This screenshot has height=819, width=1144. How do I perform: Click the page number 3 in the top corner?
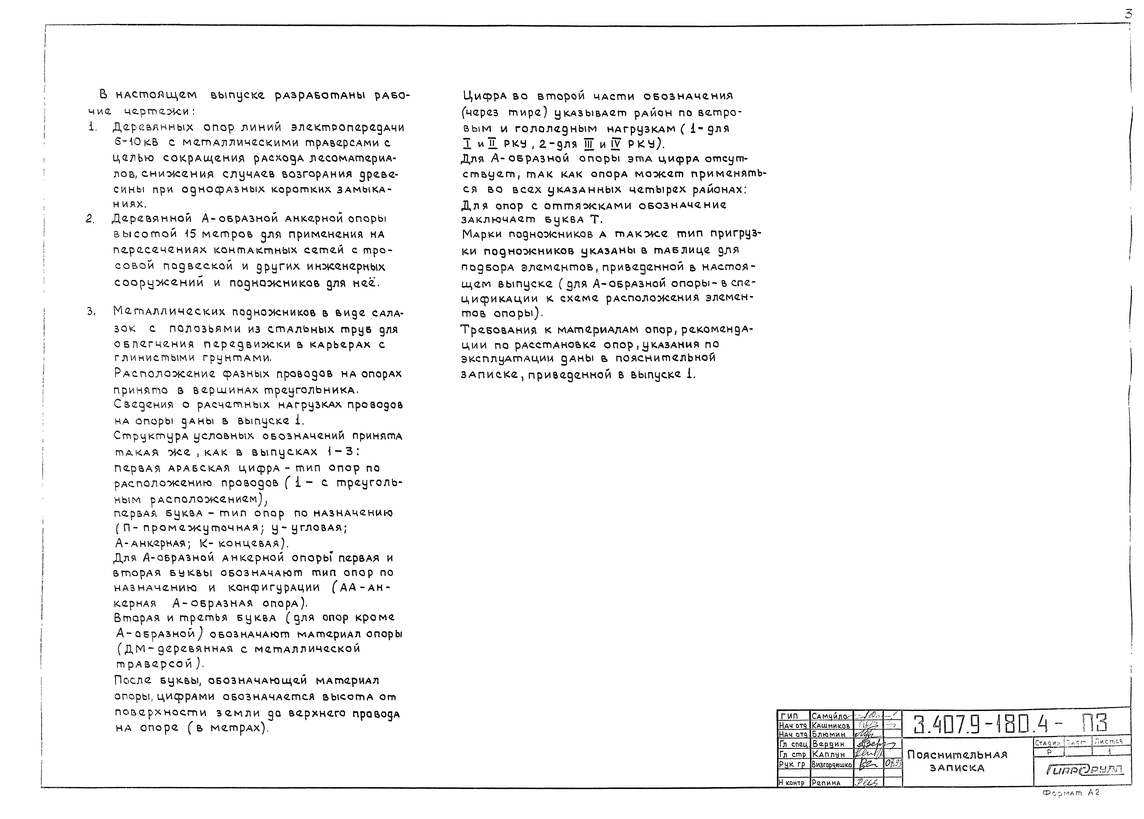coord(1128,14)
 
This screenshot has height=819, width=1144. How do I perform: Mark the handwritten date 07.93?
coord(893,764)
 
